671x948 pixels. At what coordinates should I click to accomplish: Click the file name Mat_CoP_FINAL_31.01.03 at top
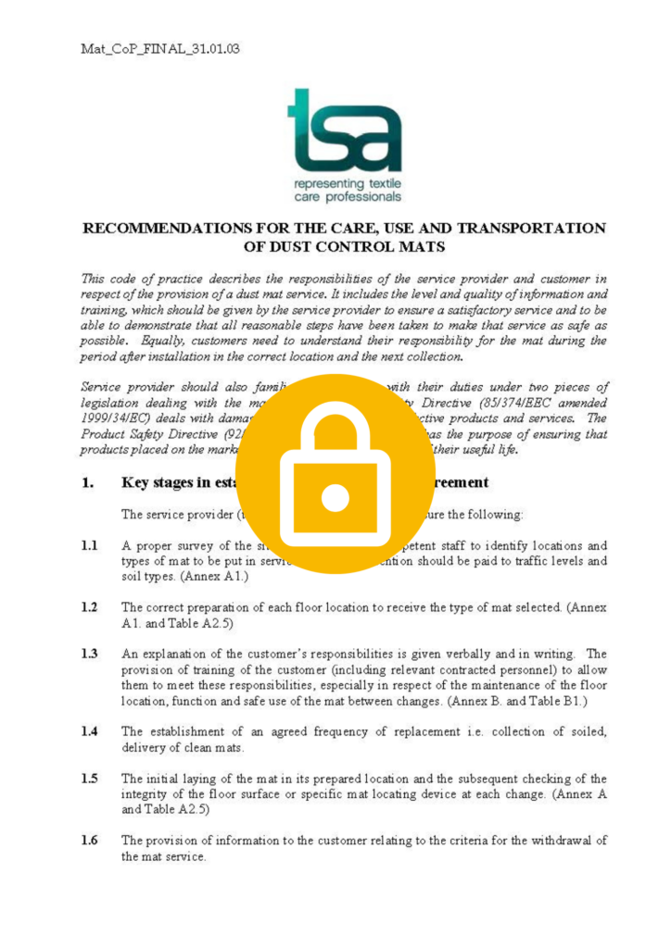(x=160, y=48)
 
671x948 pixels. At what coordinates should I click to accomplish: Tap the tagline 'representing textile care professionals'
(x=347, y=190)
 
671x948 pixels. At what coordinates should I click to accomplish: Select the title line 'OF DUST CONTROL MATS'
(x=344, y=246)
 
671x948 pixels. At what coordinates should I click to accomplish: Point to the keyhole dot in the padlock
(x=335, y=498)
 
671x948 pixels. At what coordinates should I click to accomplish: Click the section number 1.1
(x=89, y=545)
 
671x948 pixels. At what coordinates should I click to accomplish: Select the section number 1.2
(x=89, y=607)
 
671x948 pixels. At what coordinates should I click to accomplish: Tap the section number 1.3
(x=89, y=654)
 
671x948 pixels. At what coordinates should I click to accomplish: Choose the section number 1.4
(x=89, y=731)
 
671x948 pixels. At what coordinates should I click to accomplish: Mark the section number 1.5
(x=89, y=778)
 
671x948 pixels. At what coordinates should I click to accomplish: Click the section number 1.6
(x=89, y=840)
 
